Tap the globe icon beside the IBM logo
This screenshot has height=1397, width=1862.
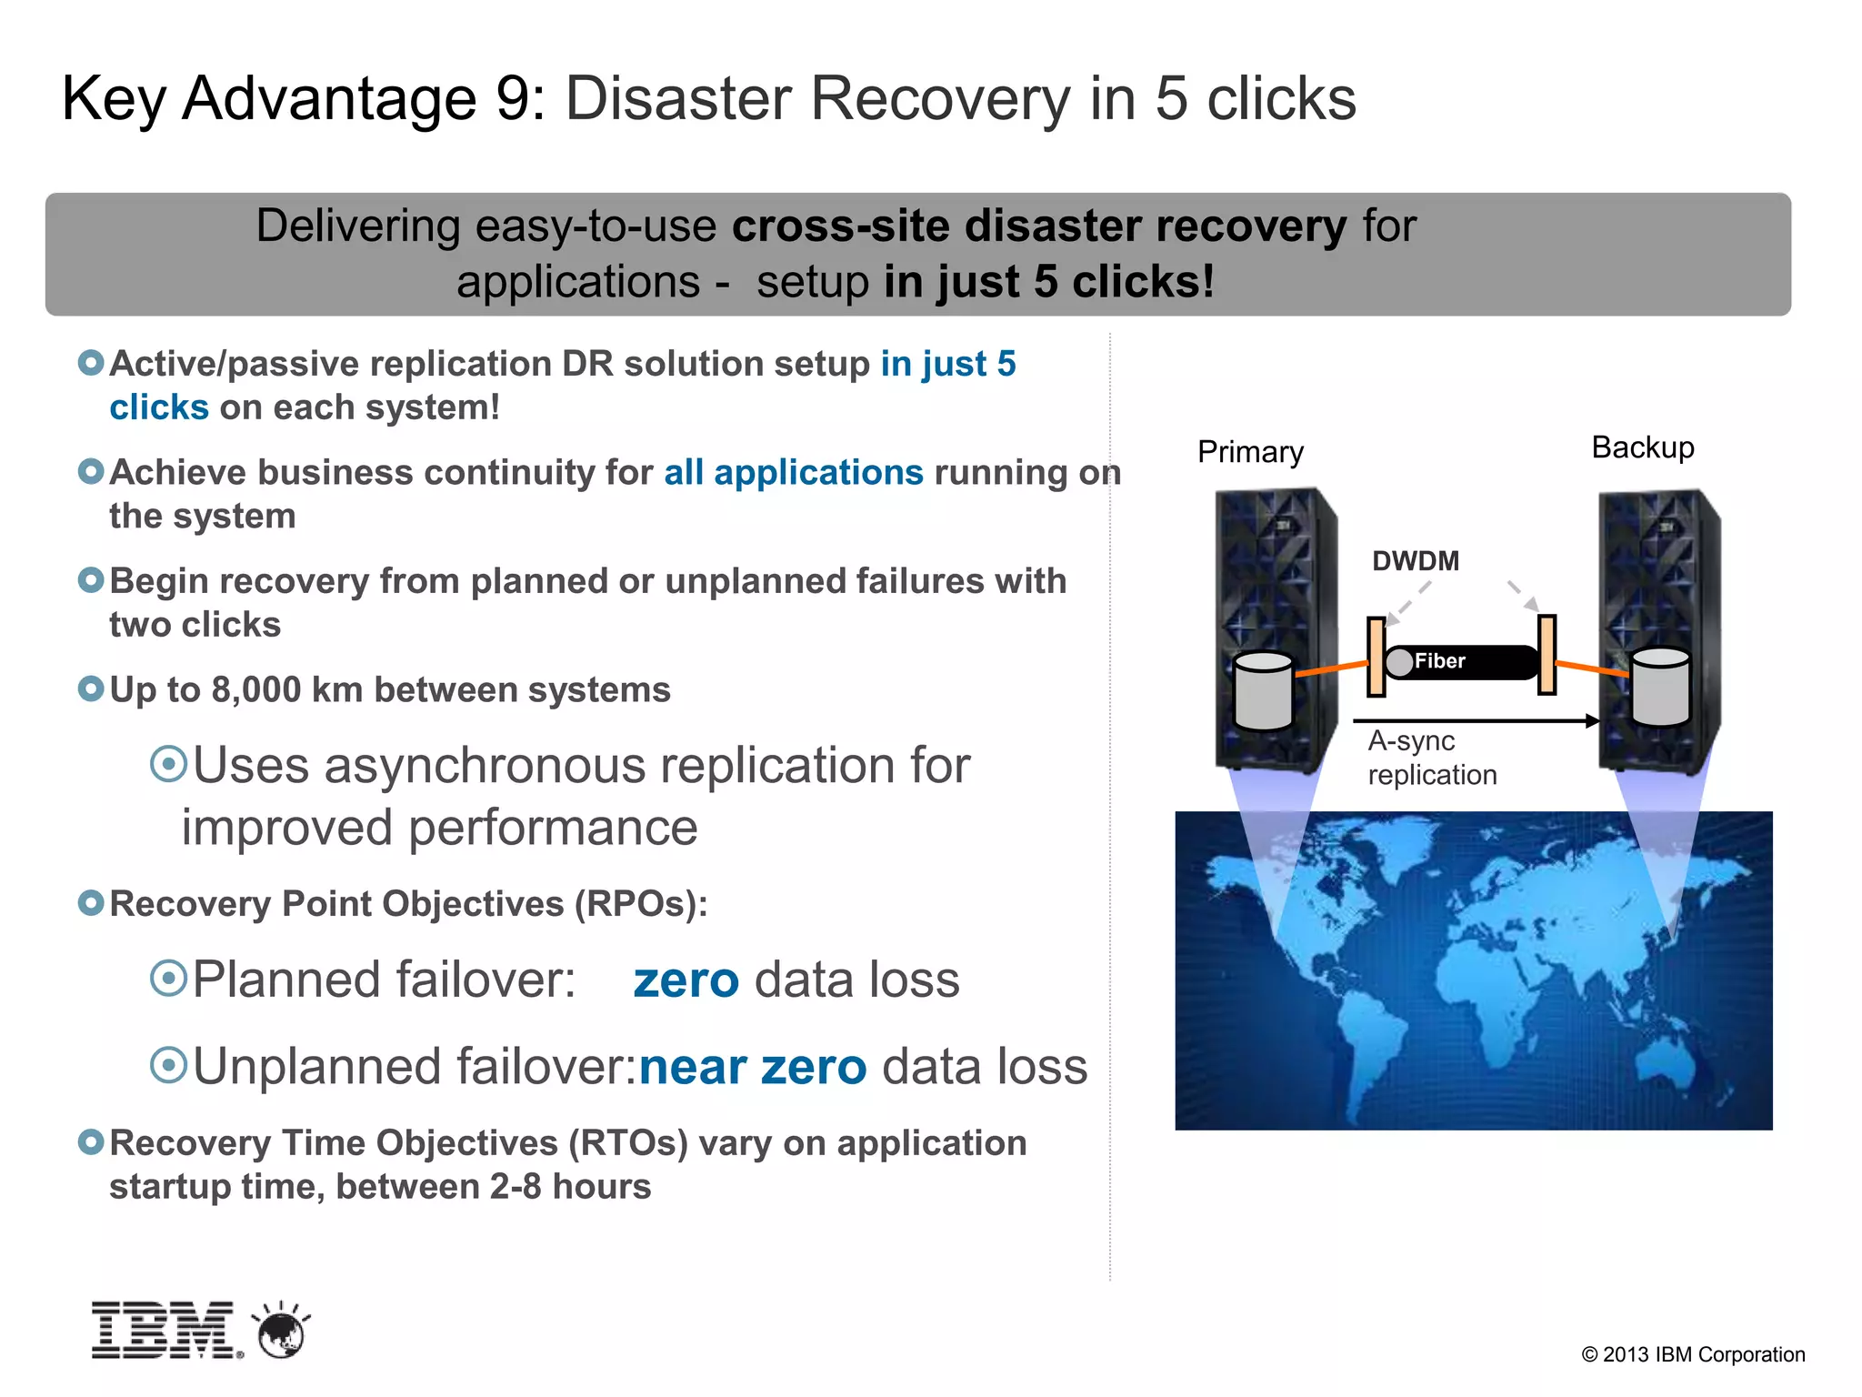(x=282, y=1332)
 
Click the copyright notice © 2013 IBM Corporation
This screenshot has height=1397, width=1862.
(x=1693, y=1354)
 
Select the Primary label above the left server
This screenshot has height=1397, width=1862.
(x=1250, y=452)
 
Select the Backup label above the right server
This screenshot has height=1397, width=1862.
(x=1642, y=447)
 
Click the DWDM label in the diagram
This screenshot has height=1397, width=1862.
(x=1415, y=561)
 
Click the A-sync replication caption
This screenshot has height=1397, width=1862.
(x=1431, y=758)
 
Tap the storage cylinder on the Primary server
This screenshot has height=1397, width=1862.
(x=1263, y=691)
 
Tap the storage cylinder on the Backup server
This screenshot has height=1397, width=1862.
(x=1660, y=687)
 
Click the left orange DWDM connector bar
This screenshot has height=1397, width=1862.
(x=1376, y=656)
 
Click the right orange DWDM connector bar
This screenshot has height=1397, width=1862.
(x=1547, y=654)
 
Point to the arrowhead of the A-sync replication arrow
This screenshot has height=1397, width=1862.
(x=1592, y=721)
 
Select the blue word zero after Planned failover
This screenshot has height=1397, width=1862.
(x=686, y=980)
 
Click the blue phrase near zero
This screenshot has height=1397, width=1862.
(x=753, y=1067)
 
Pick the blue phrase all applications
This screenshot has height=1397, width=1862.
(x=793, y=473)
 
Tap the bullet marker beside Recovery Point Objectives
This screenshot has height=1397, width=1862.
(x=91, y=903)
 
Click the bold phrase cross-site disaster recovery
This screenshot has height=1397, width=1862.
(x=1038, y=226)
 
